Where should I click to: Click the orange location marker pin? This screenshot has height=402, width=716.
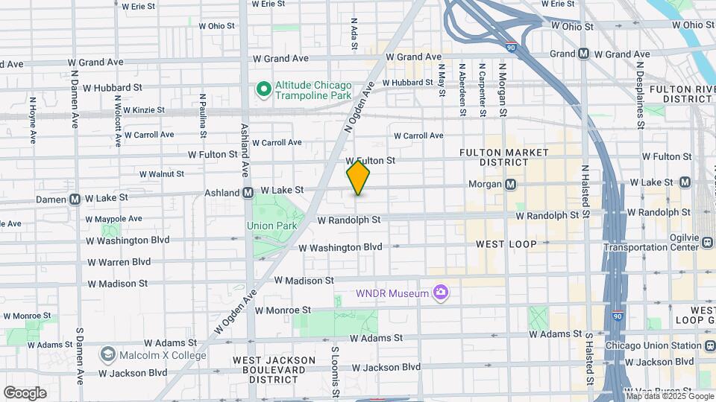click(x=358, y=178)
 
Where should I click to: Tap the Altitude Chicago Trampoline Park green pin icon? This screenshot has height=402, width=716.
click(x=263, y=90)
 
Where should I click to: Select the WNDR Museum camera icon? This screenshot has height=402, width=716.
click(x=442, y=293)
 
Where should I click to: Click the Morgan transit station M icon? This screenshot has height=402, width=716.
click(x=511, y=184)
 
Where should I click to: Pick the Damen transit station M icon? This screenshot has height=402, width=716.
click(x=75, y=199)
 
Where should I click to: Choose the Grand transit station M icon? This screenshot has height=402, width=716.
click(x=583, y=54)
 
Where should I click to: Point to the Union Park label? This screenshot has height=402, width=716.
click(x=271, y=226)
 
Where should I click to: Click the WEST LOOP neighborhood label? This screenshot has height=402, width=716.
click(x=506, y=244)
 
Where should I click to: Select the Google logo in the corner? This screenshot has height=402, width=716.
click(x=25, y=392)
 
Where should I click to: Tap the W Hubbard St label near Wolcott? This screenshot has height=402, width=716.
click(x=112, y=87)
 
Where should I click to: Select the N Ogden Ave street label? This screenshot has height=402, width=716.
click(x=358, y=109)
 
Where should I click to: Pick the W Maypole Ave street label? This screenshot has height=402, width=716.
click(x=113, y=219)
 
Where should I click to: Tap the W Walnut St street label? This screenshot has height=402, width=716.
click(x=161, y=173)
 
